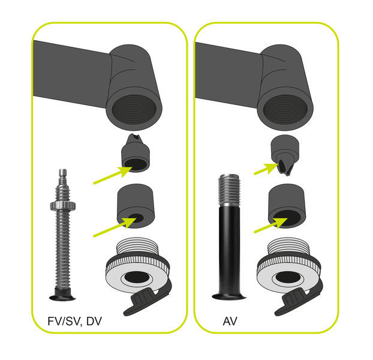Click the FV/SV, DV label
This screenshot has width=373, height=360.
pyautogui.click(x=75, y=322)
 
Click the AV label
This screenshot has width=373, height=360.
pyautogui.click(x=230, y=321)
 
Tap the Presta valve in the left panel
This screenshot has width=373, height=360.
pyautogui.click(x=62, y=235)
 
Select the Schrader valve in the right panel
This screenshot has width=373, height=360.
pyautogui.click(x=229, y=237)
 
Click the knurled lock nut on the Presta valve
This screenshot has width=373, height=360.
pyautogui.click(x=63, y=206)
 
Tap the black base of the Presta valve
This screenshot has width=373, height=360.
pyautogui.click(x=62, y=295)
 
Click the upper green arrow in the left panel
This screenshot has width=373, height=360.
pyautogui.click(x=112, y=175)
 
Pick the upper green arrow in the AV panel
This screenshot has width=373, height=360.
pyautogui.click(x=266, y=169)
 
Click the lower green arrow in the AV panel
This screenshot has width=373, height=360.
pyautogui.click(x=270, y=225)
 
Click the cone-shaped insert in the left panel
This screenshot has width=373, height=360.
pyautogui.click(x=136, y=153)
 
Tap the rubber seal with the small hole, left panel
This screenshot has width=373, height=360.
pyautogui.click(x=136, y=206)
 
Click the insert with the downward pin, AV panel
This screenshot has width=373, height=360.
pyautogui.click(x=285, y=155)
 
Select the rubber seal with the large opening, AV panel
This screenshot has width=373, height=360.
pyautogui.click(x=287, y=206)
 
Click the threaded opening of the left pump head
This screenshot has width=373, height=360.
pyautogui.click(x=134, y=109)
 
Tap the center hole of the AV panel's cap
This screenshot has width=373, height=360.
pyautogui.click(x=287, y=277)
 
